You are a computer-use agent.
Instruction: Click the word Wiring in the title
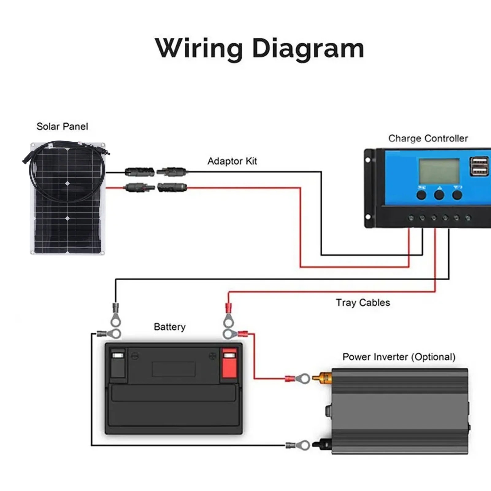(x=199, y=48)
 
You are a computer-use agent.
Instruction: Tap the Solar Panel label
(x=62, y=126)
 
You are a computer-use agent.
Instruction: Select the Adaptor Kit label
(x=232, y=161)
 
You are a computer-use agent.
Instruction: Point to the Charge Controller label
(x=428, y=138)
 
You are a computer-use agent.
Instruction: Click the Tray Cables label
(x=363, y=303)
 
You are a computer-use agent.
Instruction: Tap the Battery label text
(x=170, y=327)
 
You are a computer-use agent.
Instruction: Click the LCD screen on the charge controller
(x=439, y=171)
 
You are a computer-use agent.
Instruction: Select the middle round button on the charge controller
(x=439, y=195)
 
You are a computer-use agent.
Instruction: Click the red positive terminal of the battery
(x=229, y=363)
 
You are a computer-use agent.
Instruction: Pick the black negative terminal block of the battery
(x=118, y=363)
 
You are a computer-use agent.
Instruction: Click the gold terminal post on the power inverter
(x=322, y=378)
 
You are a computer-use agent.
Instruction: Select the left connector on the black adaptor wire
(x=140, y=172)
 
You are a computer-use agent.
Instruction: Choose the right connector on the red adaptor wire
(x=172, y=187)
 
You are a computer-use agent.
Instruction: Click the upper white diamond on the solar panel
(x=67, y=183)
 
